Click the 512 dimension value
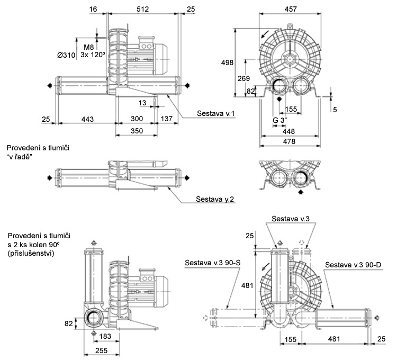[142, 10]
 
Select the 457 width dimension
[290, 9]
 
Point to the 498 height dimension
[228, 63]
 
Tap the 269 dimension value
[244, 78]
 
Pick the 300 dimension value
[137, 119]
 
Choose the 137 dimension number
[167, 119]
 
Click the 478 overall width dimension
[288, 141]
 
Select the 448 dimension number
[288, 131]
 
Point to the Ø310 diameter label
[67, 55]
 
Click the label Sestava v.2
[215, 200]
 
